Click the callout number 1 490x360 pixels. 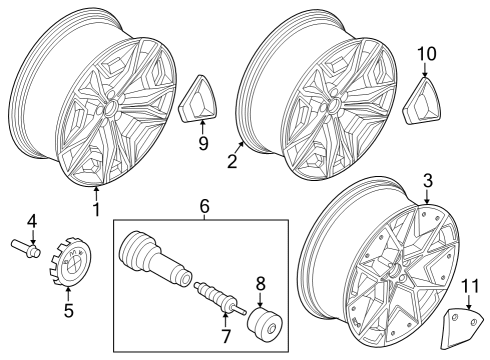(96, 209)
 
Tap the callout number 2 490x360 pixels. (232, 161)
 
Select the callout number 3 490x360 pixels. (428, 181)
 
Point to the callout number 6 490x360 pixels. (204, 206)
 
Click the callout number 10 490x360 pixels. (426, 54)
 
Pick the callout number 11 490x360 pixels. (470, 286)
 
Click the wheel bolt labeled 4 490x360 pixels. (26, 249)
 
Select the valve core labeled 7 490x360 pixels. (220, 296)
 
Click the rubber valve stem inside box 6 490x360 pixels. (155, 257)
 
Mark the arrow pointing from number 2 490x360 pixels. (240, 147)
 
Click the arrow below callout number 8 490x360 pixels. (260, 302)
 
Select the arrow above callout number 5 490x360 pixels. (68, 294)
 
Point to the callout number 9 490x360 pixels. (203, 143)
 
